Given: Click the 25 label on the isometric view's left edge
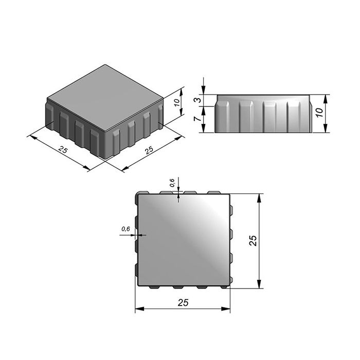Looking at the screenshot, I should (62, 150).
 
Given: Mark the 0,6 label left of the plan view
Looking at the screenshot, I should (125, 228).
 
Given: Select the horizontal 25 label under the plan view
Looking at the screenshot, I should (182, 303).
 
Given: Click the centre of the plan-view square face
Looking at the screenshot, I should (183, 239).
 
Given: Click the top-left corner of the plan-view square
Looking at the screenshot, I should (137, 195).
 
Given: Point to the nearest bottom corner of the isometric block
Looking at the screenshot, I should (105, 159).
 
